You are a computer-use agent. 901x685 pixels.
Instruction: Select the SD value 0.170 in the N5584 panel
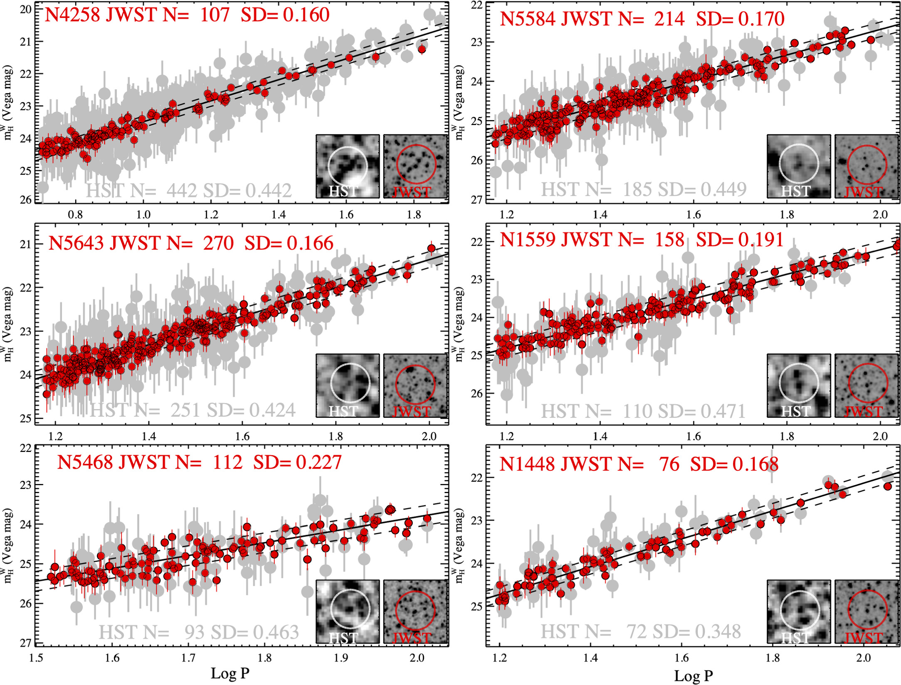(761, 19)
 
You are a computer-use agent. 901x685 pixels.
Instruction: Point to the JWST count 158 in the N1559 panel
(669, 240)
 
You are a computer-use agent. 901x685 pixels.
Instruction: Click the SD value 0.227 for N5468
(318, 462)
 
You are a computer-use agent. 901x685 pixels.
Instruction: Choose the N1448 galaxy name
(527, 464)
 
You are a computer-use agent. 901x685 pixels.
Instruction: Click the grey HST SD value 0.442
(269, 191)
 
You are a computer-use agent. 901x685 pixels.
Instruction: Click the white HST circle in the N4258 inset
(348, 165)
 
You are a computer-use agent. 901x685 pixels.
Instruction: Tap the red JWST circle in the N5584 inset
(867, 165)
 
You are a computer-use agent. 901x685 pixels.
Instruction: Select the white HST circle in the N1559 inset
(799, 383)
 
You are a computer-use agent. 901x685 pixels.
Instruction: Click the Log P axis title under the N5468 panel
(230, 673)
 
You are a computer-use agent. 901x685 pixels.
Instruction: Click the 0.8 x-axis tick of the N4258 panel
(75, 215)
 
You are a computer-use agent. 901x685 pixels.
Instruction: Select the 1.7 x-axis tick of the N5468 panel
(188, 658)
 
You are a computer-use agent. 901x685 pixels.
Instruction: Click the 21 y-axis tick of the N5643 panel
(26, 244)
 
